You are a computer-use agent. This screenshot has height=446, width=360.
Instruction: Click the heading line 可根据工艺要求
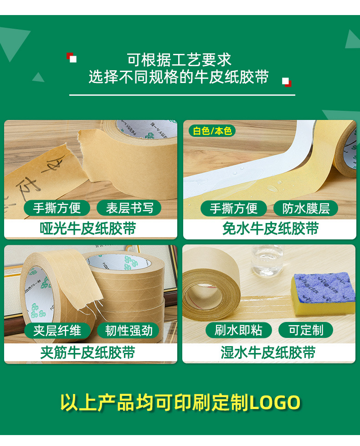(179, 60)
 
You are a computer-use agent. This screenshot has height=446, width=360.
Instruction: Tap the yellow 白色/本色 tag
(212, 131)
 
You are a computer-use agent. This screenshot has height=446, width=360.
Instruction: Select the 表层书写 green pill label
(129, 208)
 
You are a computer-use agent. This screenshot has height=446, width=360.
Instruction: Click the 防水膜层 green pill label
(305, 208)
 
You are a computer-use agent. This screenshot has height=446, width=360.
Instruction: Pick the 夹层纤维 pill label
(57, 330)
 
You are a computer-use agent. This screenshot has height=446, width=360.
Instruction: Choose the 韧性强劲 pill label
(129, 330)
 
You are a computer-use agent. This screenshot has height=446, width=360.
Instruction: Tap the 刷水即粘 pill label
(238, 330)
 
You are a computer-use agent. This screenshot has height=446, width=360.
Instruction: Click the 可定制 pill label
(305, 330)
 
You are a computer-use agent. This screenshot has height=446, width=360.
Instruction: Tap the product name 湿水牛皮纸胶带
(268, 353)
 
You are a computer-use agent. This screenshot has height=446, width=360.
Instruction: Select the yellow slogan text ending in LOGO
(180, 403)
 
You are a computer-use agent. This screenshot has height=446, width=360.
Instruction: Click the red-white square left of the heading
(72, 57)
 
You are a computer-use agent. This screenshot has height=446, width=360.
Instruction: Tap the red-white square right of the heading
(286, 82)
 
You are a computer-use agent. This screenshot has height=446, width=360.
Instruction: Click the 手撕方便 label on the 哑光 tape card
(57, 208)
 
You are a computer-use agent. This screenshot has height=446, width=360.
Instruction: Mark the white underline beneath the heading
(182, 95)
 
